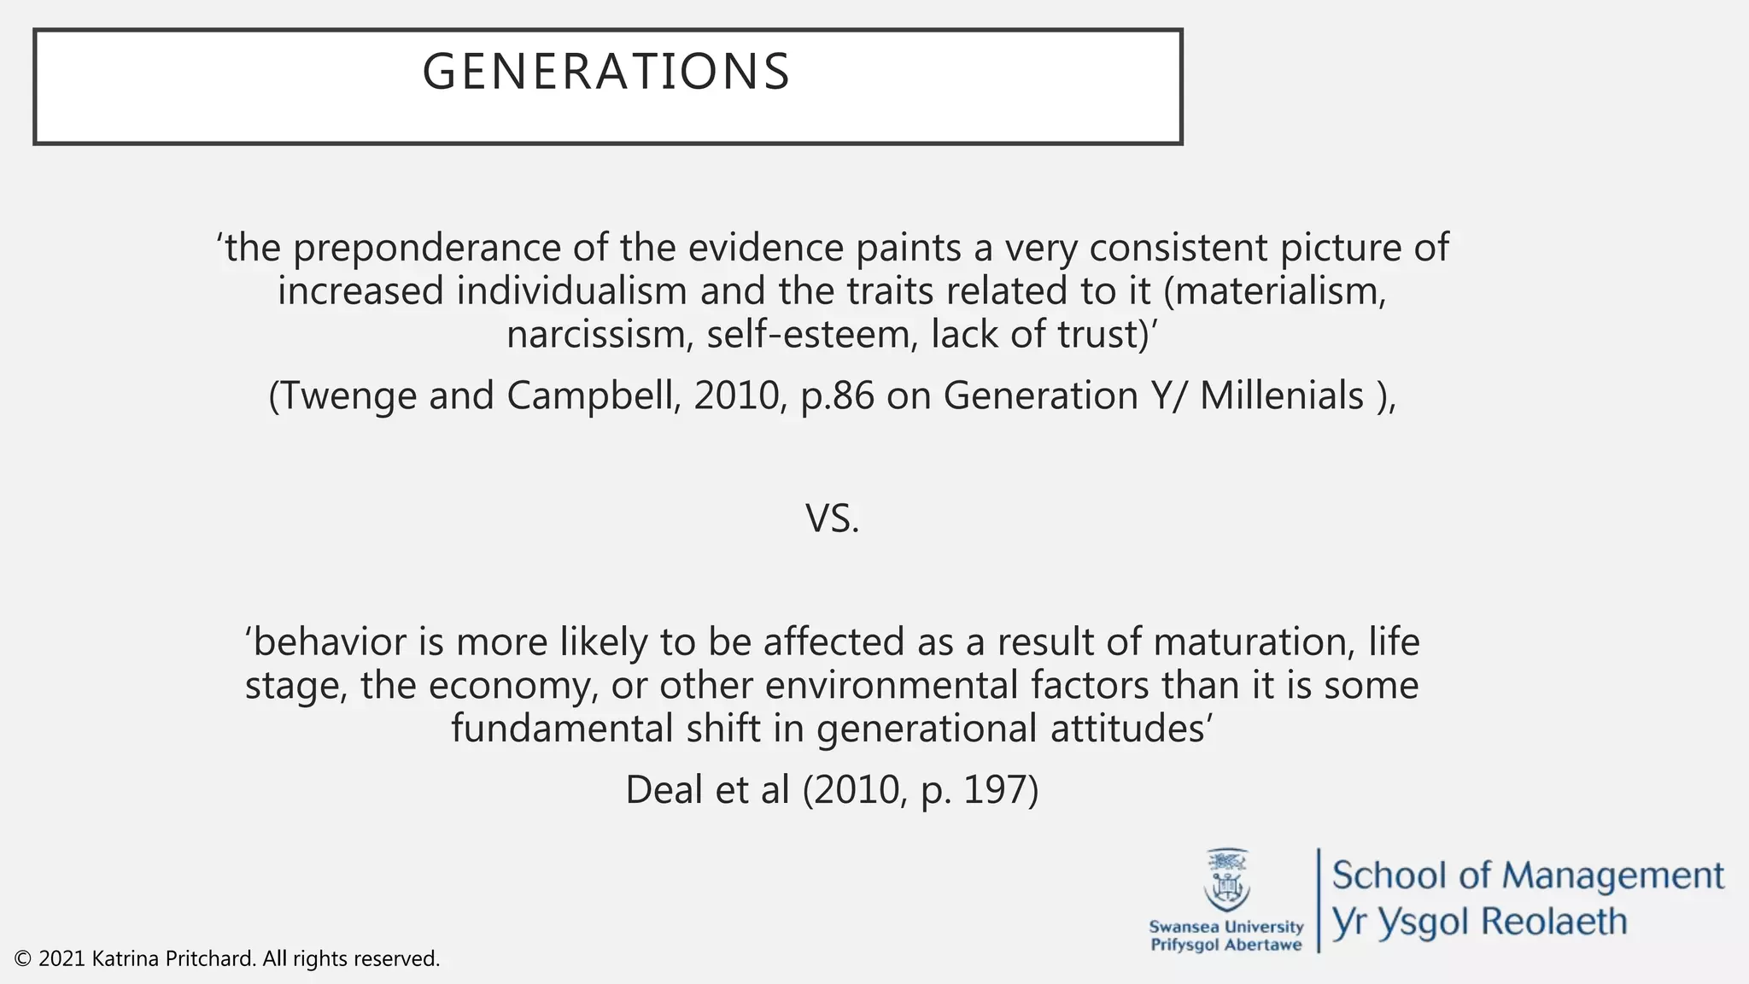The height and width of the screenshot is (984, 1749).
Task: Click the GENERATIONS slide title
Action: (606, 72)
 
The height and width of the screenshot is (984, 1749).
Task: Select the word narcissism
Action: (600, 334)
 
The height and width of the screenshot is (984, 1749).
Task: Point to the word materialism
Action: (1283, 291)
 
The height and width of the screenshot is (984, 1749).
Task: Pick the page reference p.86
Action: (838, 396)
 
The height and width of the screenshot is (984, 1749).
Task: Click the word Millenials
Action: (1282, 396)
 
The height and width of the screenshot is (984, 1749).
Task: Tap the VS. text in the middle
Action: (833, 518)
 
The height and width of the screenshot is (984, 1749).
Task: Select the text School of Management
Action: (1528, 876)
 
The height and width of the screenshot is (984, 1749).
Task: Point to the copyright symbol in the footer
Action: (23, 959)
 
